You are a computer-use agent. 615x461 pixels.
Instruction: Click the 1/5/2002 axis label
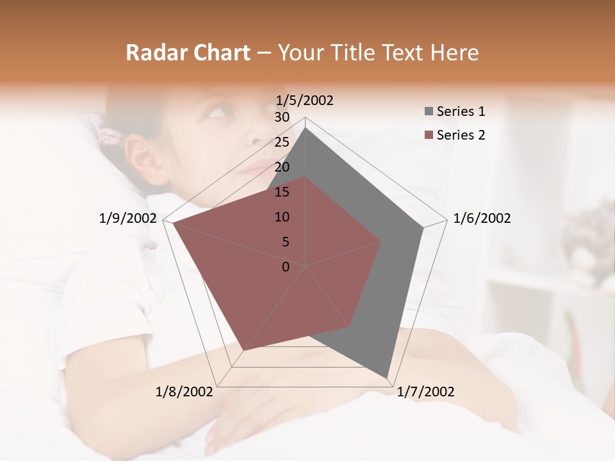[305, 101]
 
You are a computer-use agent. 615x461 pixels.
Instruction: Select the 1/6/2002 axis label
[482, 218]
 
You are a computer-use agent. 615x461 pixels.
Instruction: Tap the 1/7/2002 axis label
[425, 392]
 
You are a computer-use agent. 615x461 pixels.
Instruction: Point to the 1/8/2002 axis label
[184, 392]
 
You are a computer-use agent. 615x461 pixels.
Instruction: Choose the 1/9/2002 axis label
[128, 218]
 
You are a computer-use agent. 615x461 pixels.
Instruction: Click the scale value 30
[282, 117]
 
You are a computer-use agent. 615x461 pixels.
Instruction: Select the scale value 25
[282, 142]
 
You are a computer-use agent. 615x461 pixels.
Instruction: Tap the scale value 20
[282, 167]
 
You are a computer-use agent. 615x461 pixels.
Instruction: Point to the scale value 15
[282, 192]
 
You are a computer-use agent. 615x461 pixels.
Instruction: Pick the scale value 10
[282, 217]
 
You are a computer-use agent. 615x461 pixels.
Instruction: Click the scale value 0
[286, 267]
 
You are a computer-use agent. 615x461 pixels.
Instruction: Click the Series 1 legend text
[461, 111]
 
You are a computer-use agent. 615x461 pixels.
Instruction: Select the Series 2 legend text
[461, 135]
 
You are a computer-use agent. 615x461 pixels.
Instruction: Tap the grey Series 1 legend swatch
[429, 111]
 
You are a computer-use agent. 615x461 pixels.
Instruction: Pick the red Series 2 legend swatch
[429, 135]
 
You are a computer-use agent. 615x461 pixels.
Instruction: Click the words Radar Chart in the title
[188, 53]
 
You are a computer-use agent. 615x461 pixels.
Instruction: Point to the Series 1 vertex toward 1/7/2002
[387, 377]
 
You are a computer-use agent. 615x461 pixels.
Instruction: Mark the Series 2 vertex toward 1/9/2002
[173, 223]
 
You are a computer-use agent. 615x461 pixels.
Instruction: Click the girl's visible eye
[217, 113]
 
